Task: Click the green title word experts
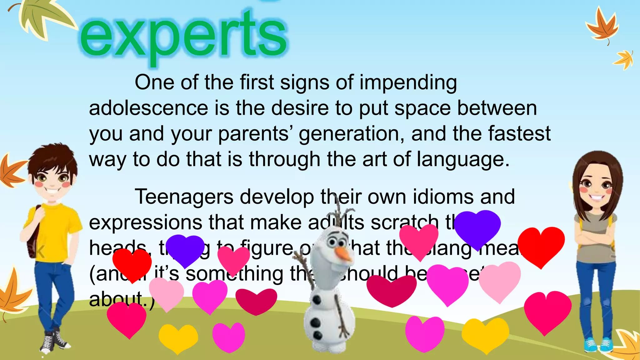pos(184,36)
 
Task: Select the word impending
pos(408,83)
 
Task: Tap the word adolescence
pos(148,108)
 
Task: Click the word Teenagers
pos(184,197)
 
